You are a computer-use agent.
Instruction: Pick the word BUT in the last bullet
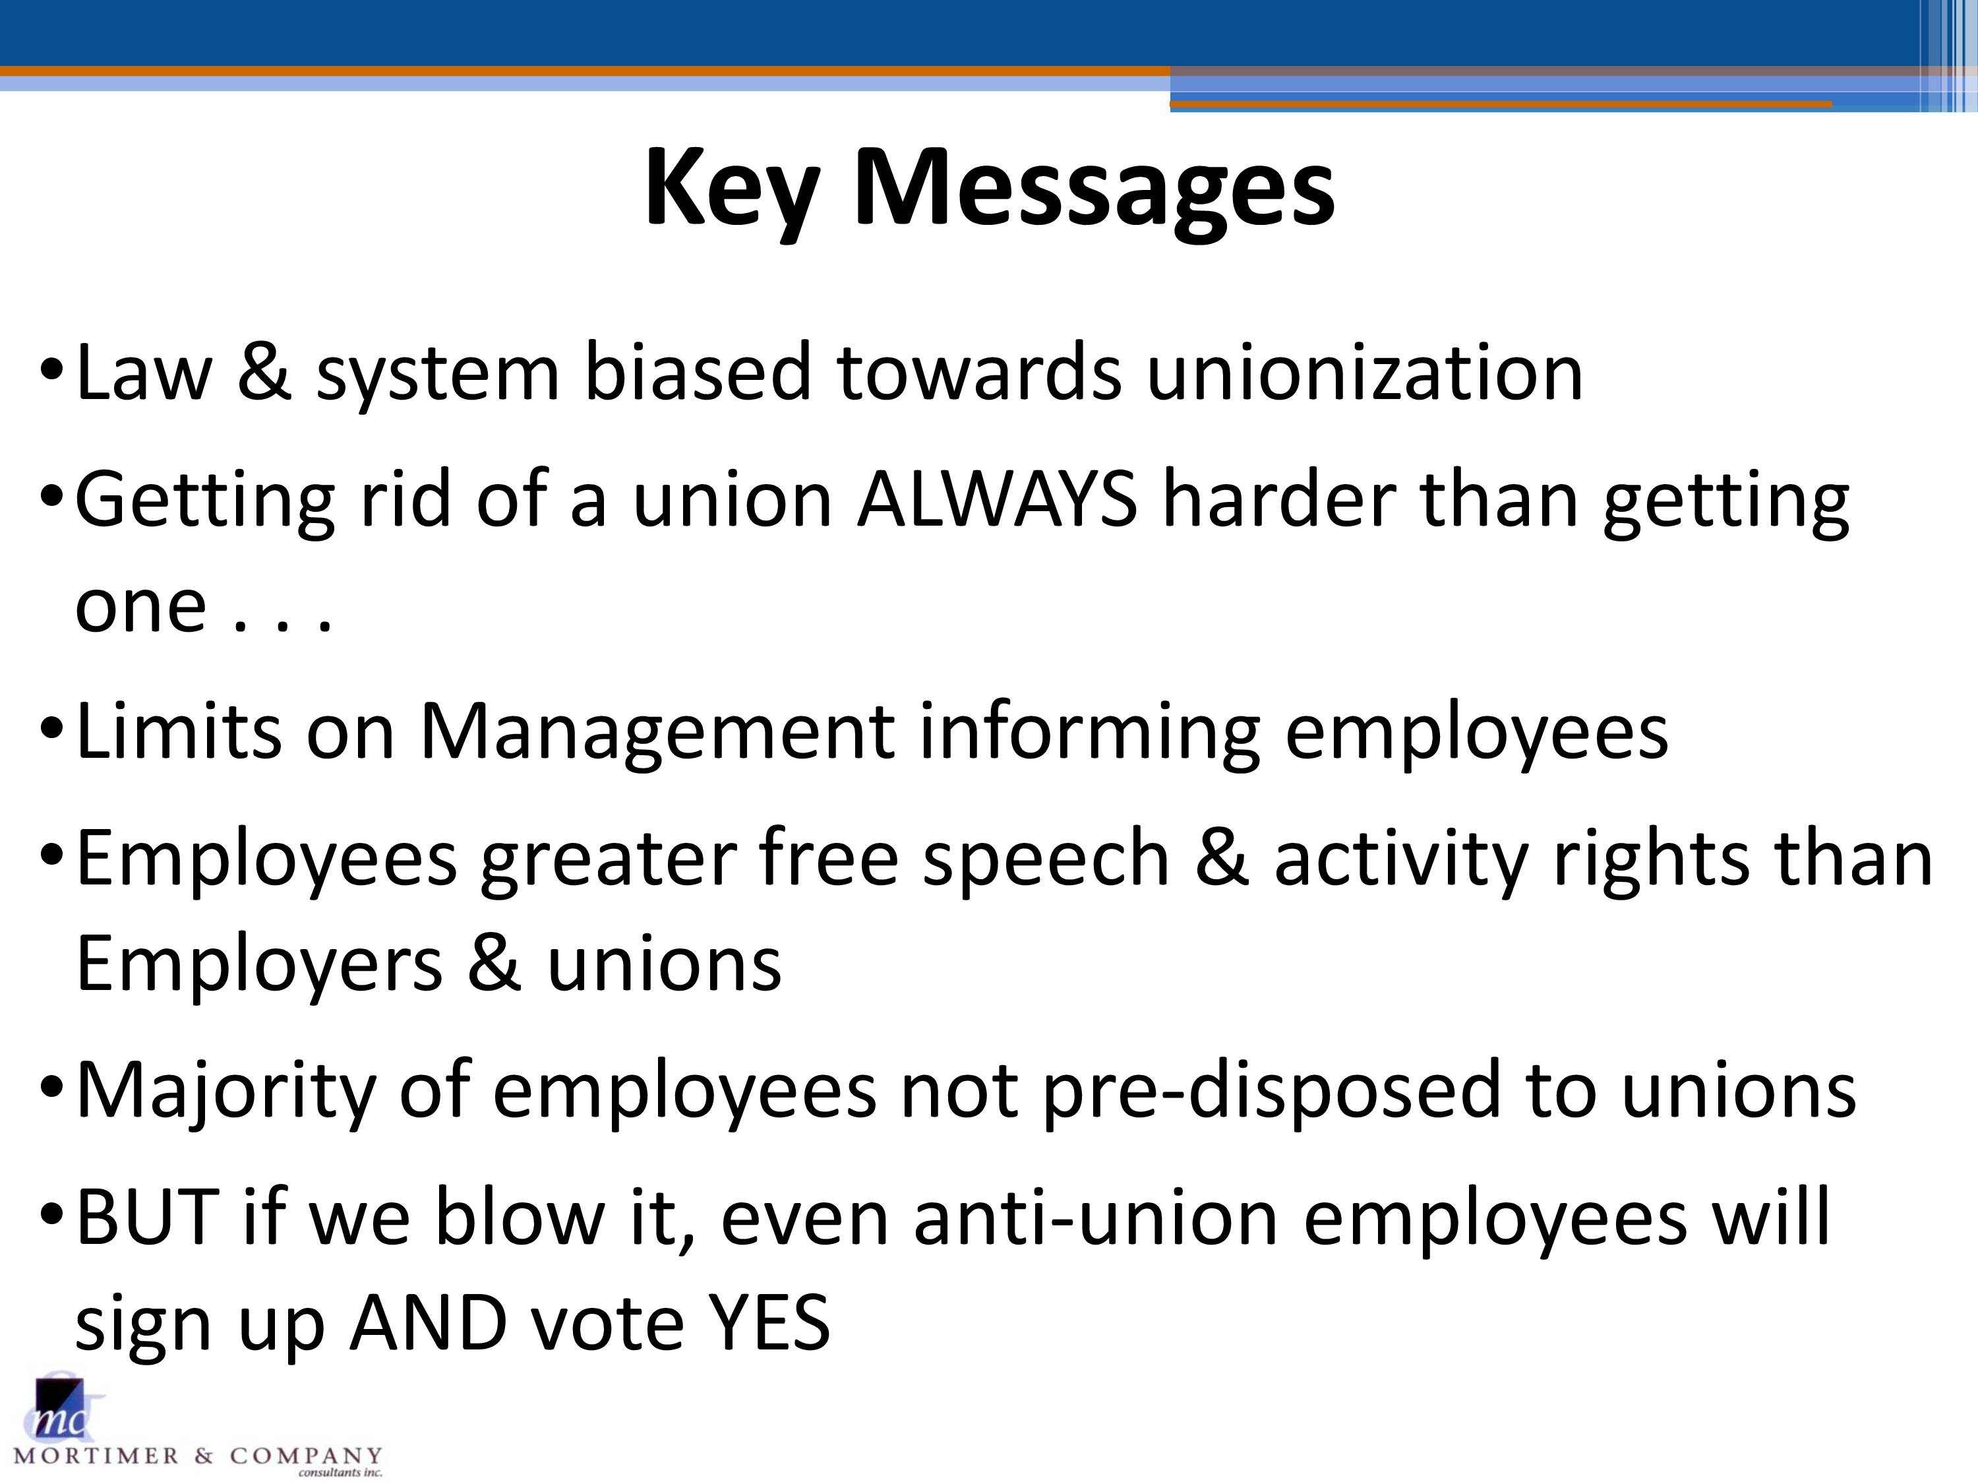tap(148, 1218)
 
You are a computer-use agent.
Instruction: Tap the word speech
tap(1046, 861)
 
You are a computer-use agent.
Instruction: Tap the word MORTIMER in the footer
tap(96, 1456)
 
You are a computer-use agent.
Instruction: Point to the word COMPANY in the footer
tap(306, 1456)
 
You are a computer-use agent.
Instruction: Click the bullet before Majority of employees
tap(52, 1090)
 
